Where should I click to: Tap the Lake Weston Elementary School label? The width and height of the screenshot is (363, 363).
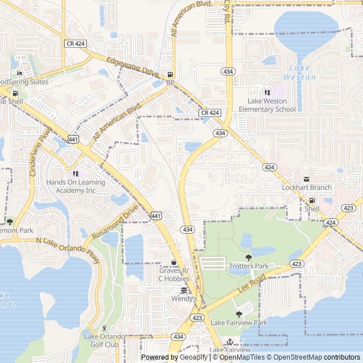267,105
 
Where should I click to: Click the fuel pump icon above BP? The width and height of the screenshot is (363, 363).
170,74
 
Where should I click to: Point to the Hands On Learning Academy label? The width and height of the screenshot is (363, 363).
75,186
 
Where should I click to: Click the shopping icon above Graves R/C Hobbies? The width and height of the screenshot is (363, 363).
174,262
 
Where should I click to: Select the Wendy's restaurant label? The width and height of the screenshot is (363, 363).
184,298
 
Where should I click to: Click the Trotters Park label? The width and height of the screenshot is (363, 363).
248,266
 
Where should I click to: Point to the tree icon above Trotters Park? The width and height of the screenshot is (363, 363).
248,258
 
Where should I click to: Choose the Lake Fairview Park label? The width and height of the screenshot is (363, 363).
239,323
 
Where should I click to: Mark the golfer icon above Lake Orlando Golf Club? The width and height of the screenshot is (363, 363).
104,328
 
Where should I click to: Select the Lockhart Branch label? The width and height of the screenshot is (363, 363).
307,188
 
